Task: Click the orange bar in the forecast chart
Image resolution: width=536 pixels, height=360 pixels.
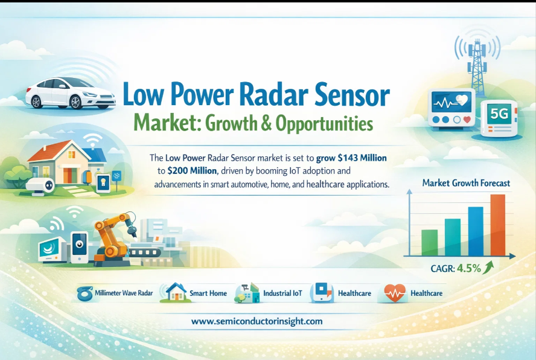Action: (x=498, y=225)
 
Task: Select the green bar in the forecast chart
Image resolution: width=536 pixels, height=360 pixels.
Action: (x=429, y=243)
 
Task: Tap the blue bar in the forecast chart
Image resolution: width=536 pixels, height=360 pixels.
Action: (x=476, y=231)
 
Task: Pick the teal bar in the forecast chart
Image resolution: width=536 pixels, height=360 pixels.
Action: (x=453, y=237)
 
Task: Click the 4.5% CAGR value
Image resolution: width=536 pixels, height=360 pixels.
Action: (x=468, y=268)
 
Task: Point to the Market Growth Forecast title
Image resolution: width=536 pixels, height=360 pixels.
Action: (x=466, y=183)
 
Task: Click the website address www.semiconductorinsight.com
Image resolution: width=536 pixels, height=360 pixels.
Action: (x=257, y=321)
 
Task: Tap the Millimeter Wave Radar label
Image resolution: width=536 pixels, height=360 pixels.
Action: (x=124, y=293)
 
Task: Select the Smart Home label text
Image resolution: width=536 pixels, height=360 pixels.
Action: (x=208, y=294)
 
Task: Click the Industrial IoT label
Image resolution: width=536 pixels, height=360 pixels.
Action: (x=282, y=294)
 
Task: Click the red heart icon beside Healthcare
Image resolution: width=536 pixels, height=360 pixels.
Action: (x=395, y=293)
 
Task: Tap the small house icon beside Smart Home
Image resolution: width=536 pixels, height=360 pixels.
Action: (x=176, y=292)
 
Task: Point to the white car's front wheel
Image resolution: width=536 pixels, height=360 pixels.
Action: (x=75, y=102)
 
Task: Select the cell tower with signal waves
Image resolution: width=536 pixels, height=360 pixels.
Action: (x=477, y=62)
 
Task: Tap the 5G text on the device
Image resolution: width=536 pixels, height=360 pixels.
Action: (x=499, y=114)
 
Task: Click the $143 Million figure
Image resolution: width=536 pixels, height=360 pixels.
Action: (x=362, y=158)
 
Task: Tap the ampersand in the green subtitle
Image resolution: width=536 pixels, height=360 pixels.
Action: (x=266, y=124)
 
